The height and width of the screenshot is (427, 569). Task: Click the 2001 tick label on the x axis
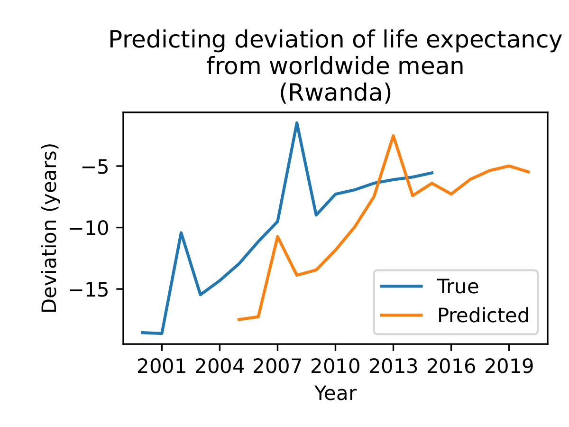162,368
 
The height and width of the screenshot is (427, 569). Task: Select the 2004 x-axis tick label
220,368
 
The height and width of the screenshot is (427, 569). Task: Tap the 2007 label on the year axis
277,368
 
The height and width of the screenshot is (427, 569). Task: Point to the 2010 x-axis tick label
335,368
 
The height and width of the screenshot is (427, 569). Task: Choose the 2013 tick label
393,368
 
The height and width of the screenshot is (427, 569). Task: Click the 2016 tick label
451,368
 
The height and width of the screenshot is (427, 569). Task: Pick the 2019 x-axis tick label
509,368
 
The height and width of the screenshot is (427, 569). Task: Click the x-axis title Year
335,393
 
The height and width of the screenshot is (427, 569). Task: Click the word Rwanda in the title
335,93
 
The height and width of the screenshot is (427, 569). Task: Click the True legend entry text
458,286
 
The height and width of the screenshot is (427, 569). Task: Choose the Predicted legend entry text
483,315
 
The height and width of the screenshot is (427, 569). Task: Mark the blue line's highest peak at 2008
297,123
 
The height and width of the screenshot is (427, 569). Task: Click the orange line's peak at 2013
393,136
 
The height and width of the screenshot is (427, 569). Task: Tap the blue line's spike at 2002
181,232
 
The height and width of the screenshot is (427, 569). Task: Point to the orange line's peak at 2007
277,236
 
